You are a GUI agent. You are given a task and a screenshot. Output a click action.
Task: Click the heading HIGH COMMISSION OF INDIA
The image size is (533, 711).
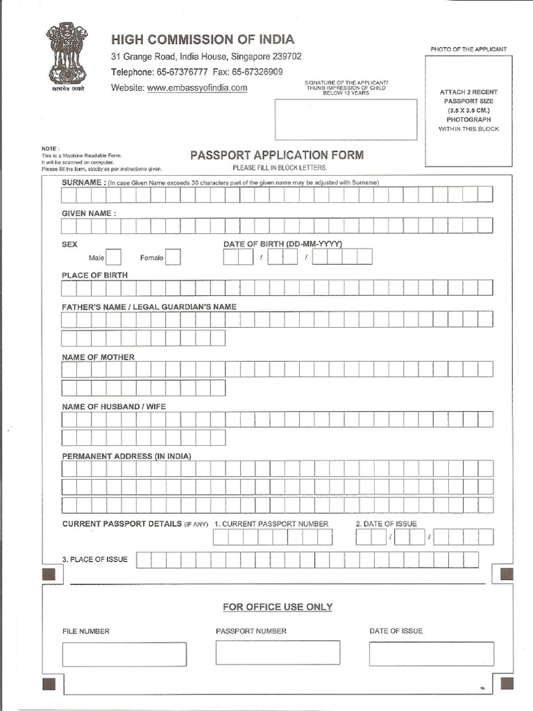pos(203,39)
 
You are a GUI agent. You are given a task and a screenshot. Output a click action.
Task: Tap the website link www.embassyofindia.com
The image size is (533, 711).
pos(197,88)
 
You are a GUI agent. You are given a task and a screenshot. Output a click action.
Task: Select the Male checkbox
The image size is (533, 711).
pos(113,258)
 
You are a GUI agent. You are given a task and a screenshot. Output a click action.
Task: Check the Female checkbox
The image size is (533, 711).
pos(173,258)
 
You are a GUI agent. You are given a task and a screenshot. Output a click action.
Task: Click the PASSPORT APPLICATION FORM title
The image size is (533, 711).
pos(276,155)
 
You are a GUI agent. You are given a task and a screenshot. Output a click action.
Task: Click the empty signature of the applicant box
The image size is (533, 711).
pos(346,119)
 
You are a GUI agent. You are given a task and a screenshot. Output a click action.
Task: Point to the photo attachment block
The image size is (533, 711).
pos(468,111)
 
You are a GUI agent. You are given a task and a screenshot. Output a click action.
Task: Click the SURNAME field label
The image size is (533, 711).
pos(83,182)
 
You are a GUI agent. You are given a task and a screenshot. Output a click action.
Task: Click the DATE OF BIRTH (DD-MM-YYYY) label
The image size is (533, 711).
pos(282,244)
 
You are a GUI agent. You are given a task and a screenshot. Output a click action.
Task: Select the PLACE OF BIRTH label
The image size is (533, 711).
pos(94,275)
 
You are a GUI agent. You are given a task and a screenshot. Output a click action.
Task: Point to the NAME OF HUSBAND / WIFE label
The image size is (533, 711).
pos(114,406)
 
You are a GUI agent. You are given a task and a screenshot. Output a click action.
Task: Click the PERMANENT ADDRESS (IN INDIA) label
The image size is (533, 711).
pos(126,456)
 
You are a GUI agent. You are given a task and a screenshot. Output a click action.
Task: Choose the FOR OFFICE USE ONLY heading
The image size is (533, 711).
pos(278,607)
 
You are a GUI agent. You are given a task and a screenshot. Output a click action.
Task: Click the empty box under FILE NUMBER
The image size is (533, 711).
pos(124,653)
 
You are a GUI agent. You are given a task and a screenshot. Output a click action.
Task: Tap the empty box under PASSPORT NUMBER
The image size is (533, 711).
pos(278,653)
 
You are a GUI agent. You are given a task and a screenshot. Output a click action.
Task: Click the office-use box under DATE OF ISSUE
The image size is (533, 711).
pos(431,653)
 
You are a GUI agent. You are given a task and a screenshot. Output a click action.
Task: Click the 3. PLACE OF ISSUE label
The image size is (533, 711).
pos(94,560)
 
